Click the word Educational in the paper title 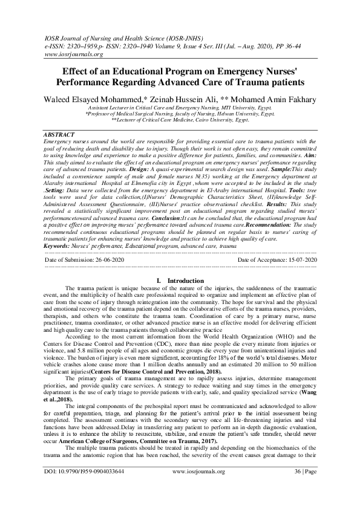[134, 70]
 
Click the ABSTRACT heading [59, 134]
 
